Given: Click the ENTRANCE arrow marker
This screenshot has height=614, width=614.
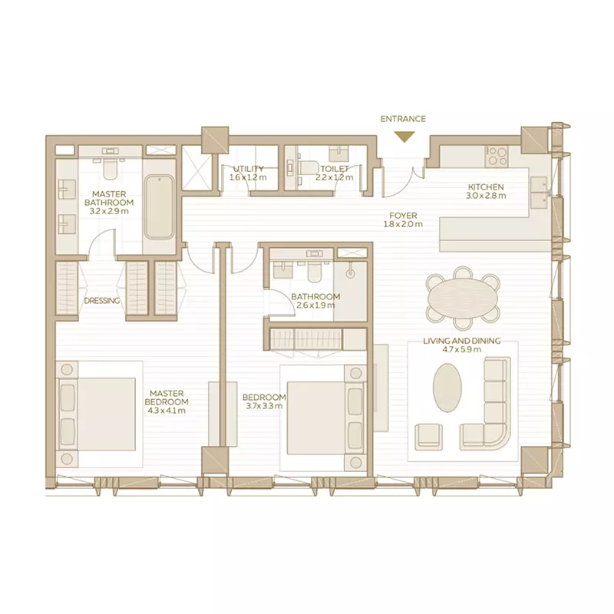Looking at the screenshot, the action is click(x=404, y=137).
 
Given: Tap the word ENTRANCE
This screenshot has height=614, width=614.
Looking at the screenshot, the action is click(x=403, y=119).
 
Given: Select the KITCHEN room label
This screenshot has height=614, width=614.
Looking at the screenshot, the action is click(x=486, y=187).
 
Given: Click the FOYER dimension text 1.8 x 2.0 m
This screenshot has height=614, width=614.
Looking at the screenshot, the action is click(x=404, y=224).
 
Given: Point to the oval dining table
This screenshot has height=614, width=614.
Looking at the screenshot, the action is click(x=464, y=298).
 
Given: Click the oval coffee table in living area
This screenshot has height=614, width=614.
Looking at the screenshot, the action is click(x=447, y=388).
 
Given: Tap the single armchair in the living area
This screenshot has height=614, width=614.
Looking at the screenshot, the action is click(x=429, y=436).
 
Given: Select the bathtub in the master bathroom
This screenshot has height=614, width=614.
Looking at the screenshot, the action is click(x=160, y=206).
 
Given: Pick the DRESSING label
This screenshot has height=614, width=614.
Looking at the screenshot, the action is click(x=102, y=301).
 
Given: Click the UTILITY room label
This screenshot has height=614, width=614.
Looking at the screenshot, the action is click(x=248, y=169).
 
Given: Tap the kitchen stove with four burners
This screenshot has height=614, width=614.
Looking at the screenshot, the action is click(x=497, y=157).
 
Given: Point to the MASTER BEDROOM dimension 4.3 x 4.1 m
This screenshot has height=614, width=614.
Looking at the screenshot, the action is click(x=167, y=411).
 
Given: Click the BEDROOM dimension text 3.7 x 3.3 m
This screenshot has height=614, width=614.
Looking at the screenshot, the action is click(x=264, y=406).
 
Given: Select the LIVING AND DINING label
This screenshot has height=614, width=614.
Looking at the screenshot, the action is click(x=462, y=341).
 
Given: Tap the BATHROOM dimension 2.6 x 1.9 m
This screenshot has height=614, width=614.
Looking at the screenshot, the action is click(x=315, y=305).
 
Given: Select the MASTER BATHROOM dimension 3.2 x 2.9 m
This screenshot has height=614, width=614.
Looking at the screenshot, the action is click(x=109, y=212).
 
